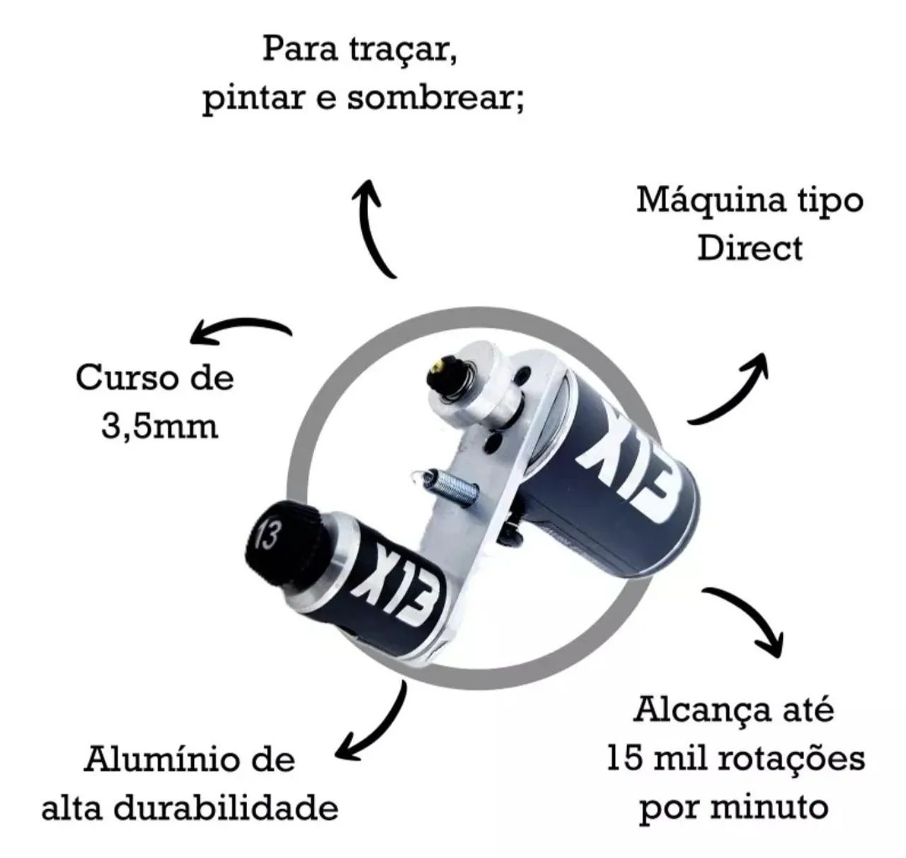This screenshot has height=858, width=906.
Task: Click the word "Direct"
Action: click(750, 249)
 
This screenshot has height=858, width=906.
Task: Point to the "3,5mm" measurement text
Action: click(159, 427)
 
